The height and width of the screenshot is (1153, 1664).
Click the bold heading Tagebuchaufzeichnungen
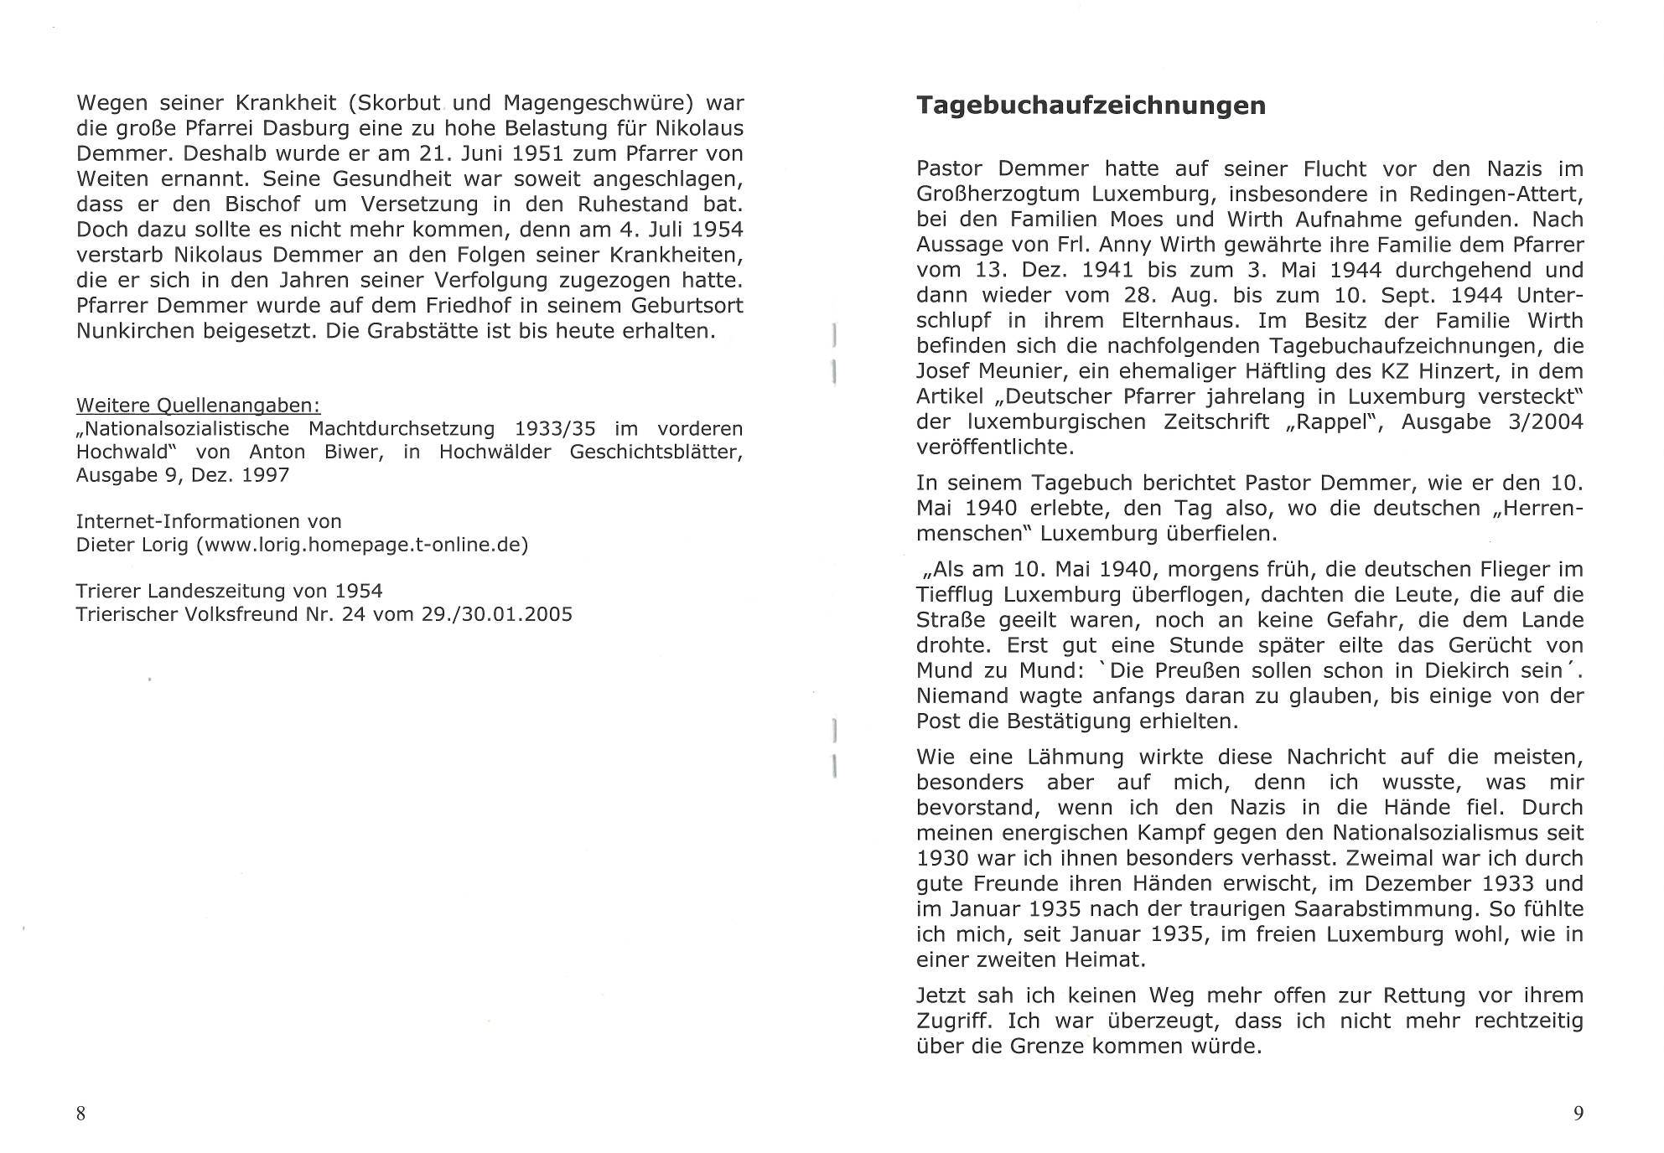1090,106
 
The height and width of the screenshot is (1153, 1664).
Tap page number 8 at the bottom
81,1114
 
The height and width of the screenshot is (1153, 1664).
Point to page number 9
1578,1114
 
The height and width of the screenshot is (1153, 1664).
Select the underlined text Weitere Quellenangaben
198,406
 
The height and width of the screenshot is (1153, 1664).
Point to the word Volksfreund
235,614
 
